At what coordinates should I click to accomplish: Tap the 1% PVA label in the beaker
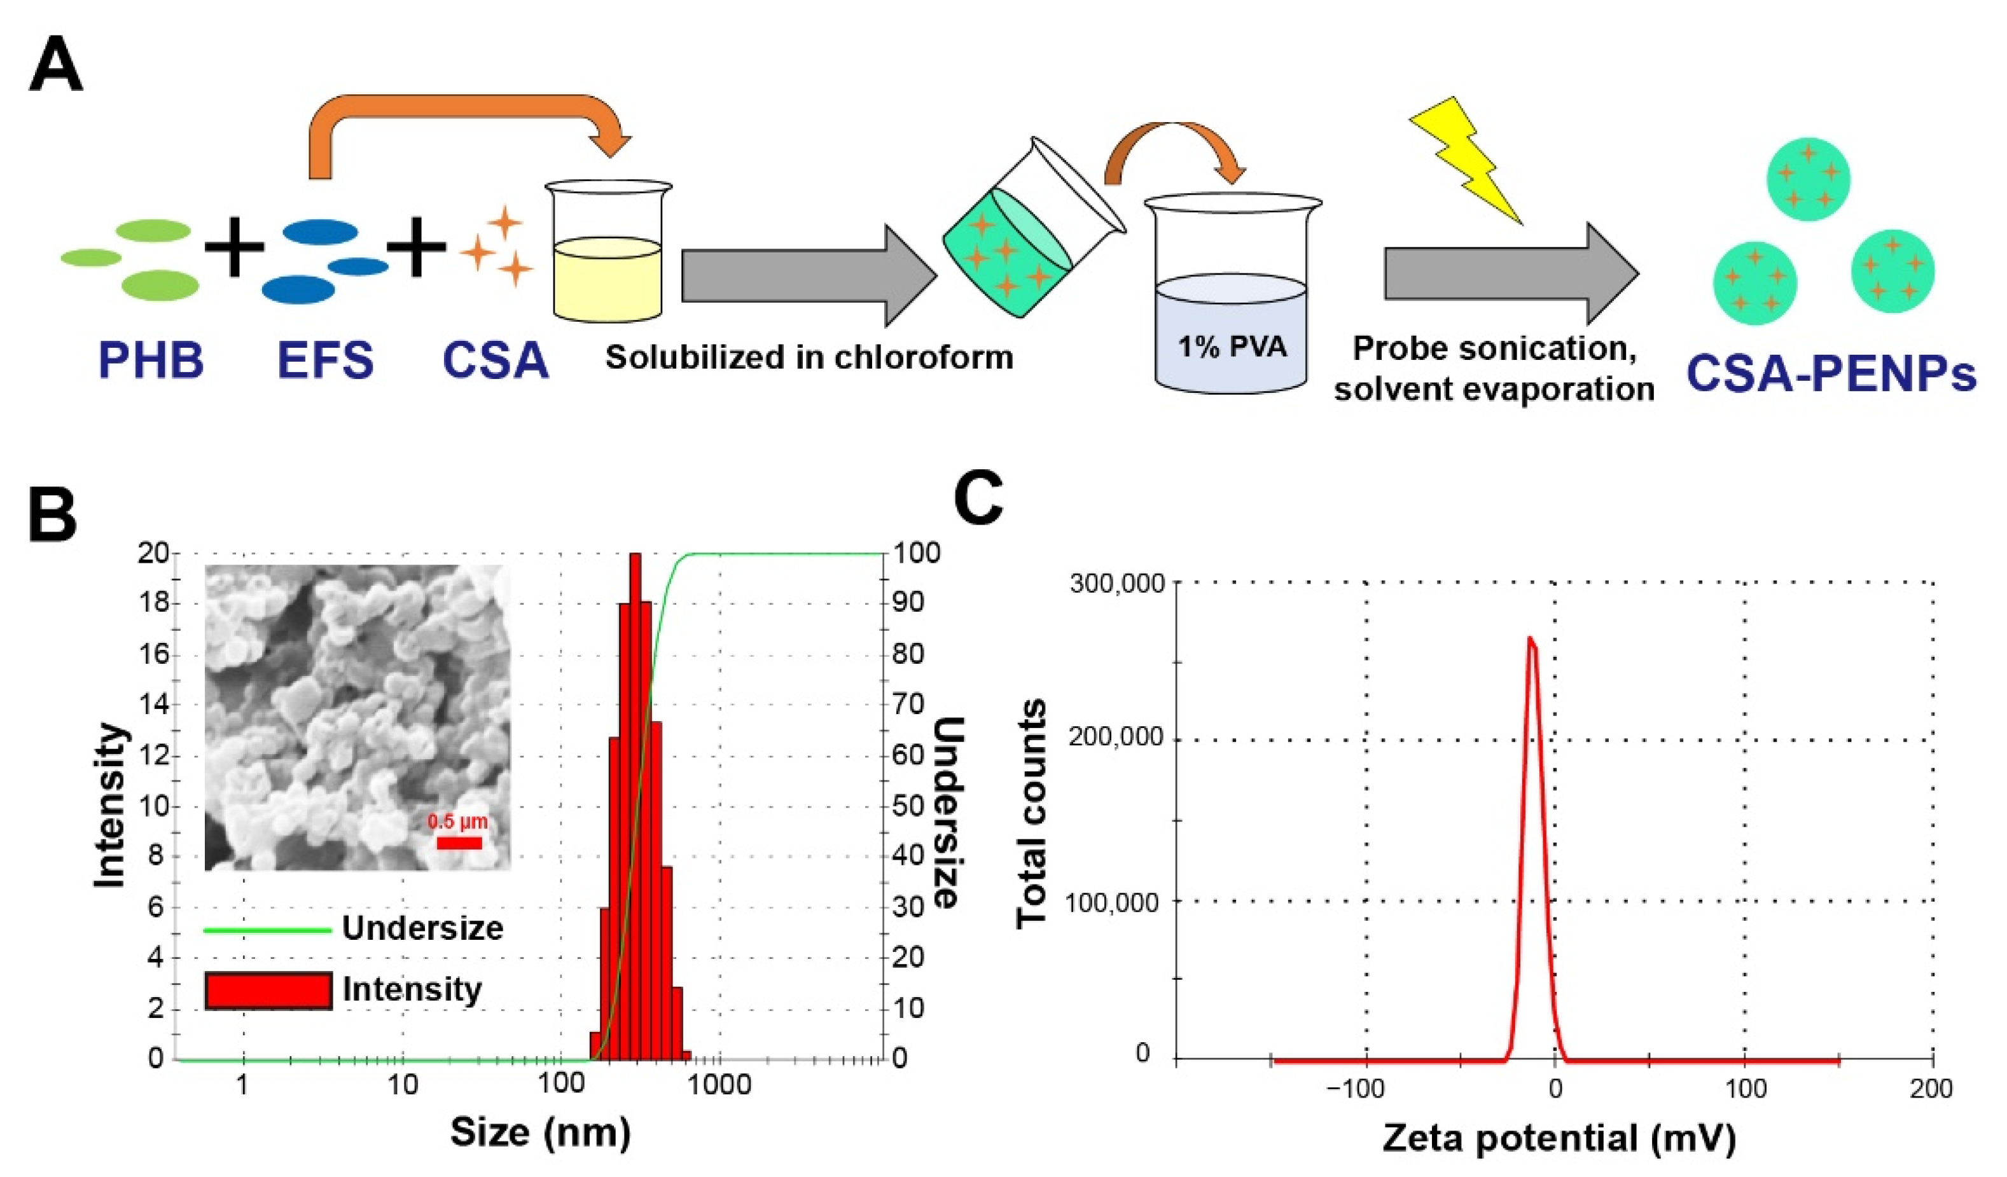point(1232,347)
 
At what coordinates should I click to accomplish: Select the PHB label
point(151,360)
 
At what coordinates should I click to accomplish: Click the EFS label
point(325,360)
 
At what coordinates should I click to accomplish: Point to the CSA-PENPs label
point(1831,373)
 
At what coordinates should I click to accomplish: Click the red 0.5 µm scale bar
point(459,843)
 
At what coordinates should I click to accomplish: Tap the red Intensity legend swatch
point(268,991)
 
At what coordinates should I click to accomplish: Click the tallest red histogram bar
point(635,804)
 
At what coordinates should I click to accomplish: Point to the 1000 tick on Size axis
point(720,1085)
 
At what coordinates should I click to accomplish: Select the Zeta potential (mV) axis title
point(1559,1138)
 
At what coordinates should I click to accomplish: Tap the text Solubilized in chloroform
point(809,357)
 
